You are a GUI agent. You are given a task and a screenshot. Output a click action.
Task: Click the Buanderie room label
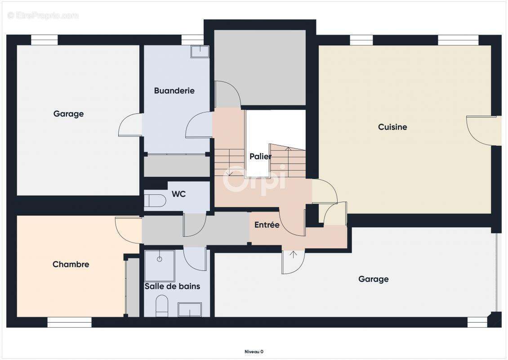point(174,91)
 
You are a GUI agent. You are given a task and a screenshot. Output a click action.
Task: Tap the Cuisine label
point(392,127)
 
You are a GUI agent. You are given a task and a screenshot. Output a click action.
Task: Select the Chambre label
point(71,264)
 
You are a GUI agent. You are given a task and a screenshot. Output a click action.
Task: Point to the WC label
point(178,194)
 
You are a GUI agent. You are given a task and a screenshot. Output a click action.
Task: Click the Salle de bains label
point(172,286)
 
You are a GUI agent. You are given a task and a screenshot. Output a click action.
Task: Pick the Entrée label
point(267,225)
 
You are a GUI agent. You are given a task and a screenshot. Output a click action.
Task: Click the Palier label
point(260,156)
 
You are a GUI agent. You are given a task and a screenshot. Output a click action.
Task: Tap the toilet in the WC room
point(155,201)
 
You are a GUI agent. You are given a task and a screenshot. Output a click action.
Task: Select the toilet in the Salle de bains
point(162,306)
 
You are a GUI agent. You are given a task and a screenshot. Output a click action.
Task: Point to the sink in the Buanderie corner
point(200,52)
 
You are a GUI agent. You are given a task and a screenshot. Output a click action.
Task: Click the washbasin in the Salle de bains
point(190,310)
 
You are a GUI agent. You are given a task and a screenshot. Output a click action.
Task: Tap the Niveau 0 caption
point(254,351)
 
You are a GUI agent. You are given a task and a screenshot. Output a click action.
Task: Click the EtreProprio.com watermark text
point(43,15)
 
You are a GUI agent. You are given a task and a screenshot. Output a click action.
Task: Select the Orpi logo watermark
point(254,180)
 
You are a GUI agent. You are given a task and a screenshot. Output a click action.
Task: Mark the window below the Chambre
point(69,322)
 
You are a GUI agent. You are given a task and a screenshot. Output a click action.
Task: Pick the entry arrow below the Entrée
point(293,254)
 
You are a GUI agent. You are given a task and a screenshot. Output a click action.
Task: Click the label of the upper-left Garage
point(68,114)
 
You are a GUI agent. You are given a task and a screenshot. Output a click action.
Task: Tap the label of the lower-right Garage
point(373,279)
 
